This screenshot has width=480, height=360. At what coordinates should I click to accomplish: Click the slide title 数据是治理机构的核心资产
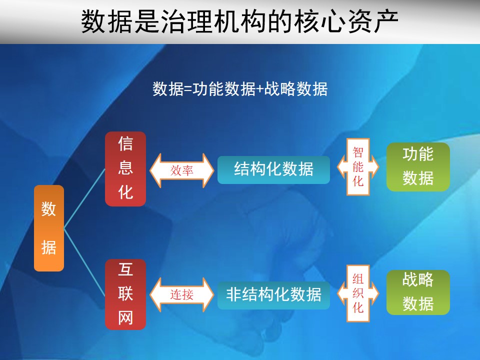[239, 21]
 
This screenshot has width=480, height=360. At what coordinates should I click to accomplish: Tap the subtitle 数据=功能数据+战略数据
[240, 89]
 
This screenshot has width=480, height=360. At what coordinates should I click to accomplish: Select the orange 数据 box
[49, 228]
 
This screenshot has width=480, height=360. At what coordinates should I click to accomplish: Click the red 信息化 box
[125, 168]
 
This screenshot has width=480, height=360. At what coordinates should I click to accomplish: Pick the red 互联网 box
[125, 294]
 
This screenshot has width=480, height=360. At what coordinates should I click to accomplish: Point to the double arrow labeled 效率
[182, 170]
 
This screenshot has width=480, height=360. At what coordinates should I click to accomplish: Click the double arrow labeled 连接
[182, 294]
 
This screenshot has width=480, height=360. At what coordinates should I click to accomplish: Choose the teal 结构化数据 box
[273, 170]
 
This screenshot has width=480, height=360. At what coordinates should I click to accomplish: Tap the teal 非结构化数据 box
[273, 295]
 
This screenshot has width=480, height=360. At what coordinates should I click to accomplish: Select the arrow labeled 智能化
[358, 167]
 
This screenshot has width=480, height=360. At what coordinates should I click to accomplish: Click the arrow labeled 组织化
[358, 293]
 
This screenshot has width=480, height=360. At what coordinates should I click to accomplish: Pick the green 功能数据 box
[418, 167]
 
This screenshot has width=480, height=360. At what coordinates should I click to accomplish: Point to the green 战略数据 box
[418, 292]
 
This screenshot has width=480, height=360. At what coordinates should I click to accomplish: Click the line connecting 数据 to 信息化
[84, 198]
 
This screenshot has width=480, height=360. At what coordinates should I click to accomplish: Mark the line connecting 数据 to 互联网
[84, 262]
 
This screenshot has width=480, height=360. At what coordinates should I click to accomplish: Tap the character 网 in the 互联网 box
[125, 317]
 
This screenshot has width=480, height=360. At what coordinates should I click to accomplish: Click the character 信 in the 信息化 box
[125, 144]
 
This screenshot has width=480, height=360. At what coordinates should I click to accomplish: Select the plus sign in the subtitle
[259, 89]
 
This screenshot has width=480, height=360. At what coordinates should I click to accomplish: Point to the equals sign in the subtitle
[188, 89]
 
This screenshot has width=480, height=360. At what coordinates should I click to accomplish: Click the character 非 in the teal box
[234, 295]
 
